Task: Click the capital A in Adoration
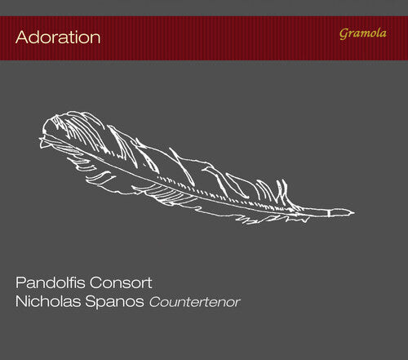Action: [21, 38]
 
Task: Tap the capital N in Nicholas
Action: [21, 304]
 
